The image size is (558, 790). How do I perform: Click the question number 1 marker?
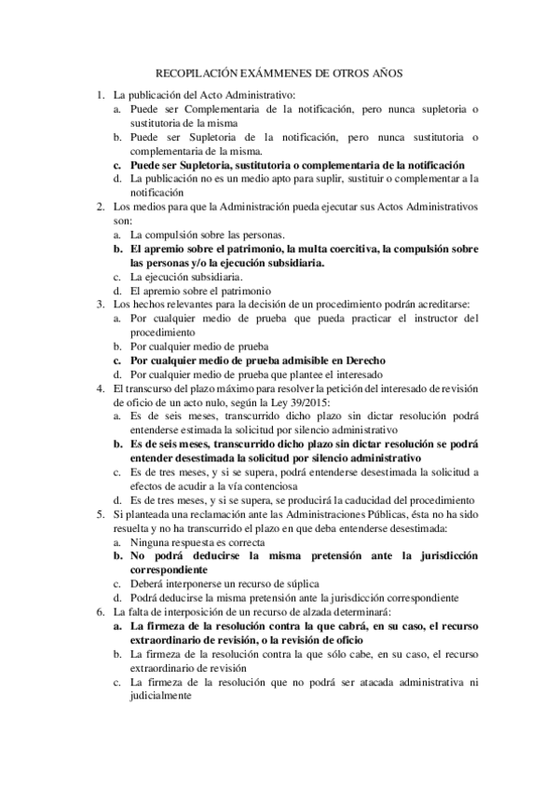(100, 95)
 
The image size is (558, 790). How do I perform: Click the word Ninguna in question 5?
(150, 540)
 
